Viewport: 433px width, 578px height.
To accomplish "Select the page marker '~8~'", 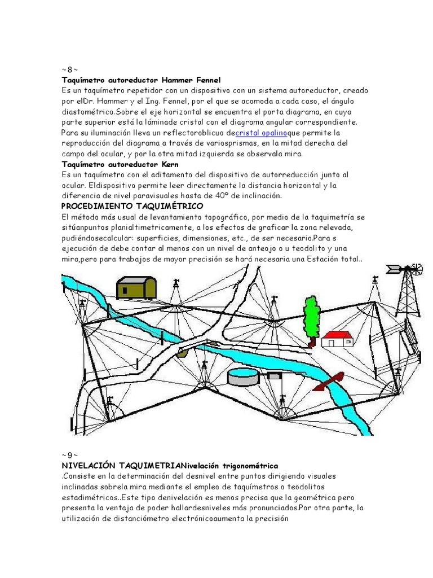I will [69, 69].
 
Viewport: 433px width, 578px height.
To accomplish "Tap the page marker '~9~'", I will [69, 455].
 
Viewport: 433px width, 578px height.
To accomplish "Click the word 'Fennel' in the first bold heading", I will [208, 80].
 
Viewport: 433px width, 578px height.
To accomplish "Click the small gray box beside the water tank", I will [274, 376].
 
